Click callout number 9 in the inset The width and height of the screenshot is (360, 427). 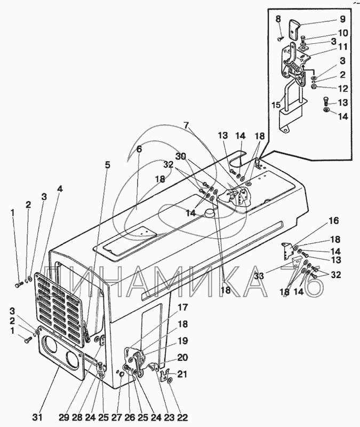click(342, 19)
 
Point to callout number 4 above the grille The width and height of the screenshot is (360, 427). click(60, 188)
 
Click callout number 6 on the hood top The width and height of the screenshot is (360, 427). click(139, 149)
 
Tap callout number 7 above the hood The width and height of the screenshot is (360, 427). click(186, 126)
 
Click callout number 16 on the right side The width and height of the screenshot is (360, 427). click(334, 221)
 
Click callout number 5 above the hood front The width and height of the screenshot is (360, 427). click(108, 165)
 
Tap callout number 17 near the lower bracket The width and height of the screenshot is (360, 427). click(182, 307)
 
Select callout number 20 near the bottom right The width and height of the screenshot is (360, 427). click(182, 357)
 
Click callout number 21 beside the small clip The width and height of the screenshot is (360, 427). click(182, 374)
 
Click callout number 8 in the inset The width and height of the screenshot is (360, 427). click(278, 19)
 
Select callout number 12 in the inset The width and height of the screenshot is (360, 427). click(343, 89)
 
